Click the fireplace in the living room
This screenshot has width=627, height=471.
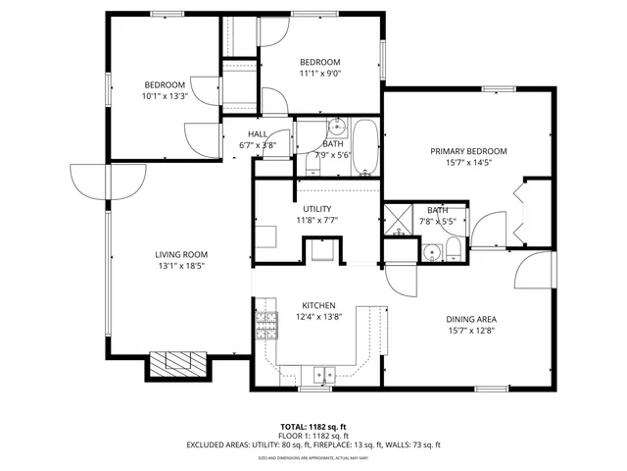tap(178, 364)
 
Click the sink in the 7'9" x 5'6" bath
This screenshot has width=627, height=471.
tap(336, 128)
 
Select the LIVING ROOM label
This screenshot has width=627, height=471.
tap(181, 255)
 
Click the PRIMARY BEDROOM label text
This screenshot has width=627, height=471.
tap(469, 151)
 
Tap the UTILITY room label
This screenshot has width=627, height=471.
tap(316, 209)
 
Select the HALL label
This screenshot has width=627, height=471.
tap(258, 134)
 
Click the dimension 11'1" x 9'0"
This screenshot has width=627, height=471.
tap(319, 73)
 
